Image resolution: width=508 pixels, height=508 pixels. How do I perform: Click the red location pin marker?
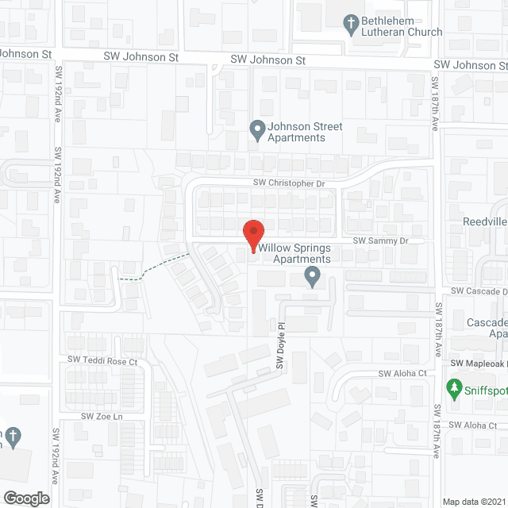tap(252, 236)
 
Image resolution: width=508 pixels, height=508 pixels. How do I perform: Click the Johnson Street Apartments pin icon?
tap(256, 129)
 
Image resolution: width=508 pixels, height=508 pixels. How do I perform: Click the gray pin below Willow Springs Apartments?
tap(312, 277)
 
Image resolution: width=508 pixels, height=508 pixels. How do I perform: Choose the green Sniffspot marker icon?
tap(454, 389)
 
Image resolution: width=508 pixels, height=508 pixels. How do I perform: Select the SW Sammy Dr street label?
tap(379, 240)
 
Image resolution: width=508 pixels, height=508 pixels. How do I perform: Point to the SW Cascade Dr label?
tap(476, 291)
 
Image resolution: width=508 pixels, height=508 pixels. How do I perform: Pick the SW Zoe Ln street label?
tap(102, 416)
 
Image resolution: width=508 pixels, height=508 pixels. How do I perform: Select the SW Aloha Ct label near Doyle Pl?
tap(402, 373)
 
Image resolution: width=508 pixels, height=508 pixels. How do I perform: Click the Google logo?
tap(25, 498)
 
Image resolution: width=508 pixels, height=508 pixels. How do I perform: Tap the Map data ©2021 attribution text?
tap(473, 501)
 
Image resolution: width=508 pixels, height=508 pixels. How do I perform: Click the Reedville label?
tap(485, 221)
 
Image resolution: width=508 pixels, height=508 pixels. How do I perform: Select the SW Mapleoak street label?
tap(479, 364)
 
